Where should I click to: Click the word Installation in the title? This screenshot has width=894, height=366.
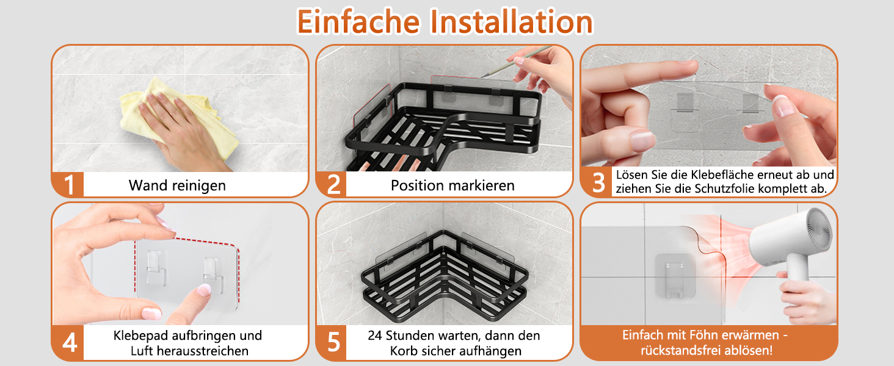pyautogui.click(x=512, y=22)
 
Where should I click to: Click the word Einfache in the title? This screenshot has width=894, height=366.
pyautogui.click(x=358, y=22)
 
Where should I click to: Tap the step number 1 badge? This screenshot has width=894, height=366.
pyautogui.click(x=68, y=185)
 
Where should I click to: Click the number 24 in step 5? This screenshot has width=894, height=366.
pyautogui.click(x=375, y=335)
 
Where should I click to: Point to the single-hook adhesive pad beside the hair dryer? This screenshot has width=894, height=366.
pyautogui.click(x=675, y=276)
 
